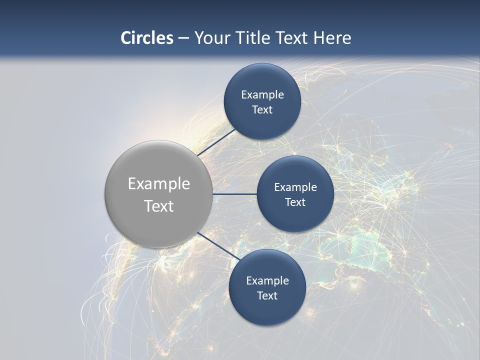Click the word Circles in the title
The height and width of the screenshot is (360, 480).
(146, 38)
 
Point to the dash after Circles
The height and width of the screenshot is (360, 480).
(183, 38)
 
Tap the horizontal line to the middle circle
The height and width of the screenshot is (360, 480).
(234, 194)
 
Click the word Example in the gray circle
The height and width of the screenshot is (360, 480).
(158, 184)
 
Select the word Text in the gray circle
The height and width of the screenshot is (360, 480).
(158, 206)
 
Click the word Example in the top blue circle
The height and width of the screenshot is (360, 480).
(262, 95)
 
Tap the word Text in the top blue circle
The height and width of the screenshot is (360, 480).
(262, 110)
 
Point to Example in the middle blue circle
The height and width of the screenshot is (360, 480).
(295, 187)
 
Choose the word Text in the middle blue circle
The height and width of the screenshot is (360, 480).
(295, 202)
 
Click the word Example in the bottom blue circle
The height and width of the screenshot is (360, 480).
(267, 281)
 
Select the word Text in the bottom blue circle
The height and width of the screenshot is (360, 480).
(267, 296)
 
